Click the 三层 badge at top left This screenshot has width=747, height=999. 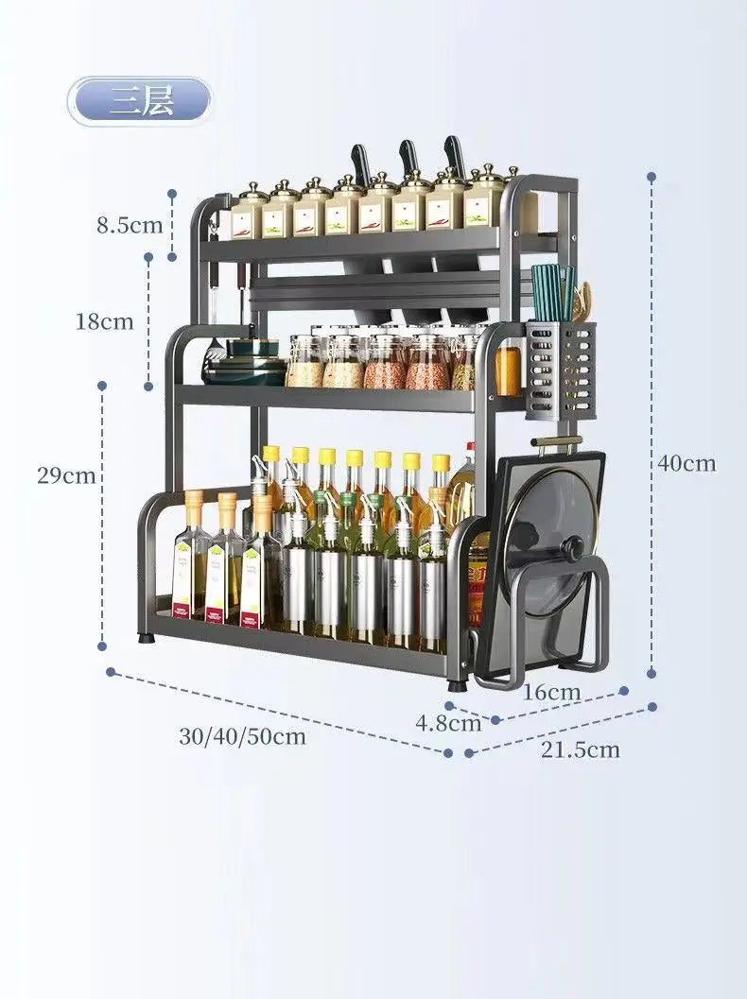click(x=140, y=101)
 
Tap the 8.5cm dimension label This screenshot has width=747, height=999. click(x=130, y=225)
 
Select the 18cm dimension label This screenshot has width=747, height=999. click(x=105, y=321)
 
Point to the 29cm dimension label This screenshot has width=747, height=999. click(x=66, y=475)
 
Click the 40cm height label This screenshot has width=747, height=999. click(x=687, y=463)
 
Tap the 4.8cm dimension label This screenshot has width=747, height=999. click(x=448, y=724)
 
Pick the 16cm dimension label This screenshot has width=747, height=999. click(x=551, y=692)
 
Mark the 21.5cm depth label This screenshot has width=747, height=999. click(x=580, y=750)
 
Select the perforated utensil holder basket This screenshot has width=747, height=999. click(x=562, y=372)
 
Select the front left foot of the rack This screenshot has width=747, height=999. click(x=147, y=638)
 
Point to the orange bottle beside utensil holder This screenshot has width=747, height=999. click(x=508, y=370)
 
